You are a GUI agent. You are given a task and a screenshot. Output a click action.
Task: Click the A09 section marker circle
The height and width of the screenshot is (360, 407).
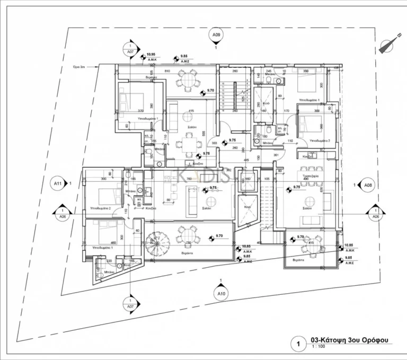[x=216, y=37]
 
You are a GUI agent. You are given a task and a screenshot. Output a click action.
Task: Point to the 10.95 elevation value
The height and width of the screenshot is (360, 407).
[x=151, y=55]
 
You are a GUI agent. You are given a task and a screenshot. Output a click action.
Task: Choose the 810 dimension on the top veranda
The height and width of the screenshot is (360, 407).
[x=166, y=71]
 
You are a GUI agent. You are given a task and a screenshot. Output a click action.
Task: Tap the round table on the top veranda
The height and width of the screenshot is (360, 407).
[x=188, y=81]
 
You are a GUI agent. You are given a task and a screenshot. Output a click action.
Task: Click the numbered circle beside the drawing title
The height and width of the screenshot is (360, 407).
[x=298, y=345]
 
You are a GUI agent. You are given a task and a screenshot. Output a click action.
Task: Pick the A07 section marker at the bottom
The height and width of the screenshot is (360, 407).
[x=130, y=303]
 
